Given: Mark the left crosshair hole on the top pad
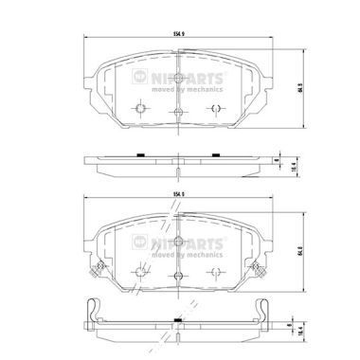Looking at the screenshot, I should (x=140, y=110).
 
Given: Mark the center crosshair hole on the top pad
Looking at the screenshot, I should (x=177, y=112).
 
